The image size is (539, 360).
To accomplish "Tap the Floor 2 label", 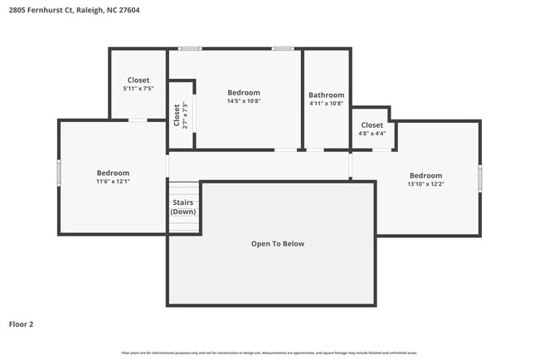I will [22, 324].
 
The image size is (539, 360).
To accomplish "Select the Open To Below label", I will [278, 244].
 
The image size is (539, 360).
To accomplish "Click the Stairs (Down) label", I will [183, 207].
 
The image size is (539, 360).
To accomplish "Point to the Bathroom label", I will [326, 95].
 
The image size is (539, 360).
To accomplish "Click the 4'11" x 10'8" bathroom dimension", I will [326, 105].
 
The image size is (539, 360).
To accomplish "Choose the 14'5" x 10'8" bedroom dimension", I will [244, 101].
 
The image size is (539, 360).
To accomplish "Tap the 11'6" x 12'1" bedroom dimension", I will [113, 181].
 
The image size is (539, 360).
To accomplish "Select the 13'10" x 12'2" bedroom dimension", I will [425, 184].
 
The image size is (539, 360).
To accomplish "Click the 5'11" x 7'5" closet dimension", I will [138, 89].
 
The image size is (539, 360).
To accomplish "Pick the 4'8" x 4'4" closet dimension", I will [371, 134].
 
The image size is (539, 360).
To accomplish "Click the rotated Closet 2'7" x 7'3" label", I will [180, 114].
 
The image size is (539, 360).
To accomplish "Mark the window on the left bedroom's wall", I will [58, 173].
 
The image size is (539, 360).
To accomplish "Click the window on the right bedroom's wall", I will [480, 178].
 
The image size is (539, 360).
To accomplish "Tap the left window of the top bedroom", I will [191, 48].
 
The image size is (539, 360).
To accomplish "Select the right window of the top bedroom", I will [283, 48].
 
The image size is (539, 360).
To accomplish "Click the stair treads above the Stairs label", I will [184, 189].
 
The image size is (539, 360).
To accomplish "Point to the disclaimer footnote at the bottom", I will [269, 353].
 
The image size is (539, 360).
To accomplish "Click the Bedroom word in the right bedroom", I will [425, 175].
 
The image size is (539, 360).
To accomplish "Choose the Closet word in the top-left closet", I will [138, 80].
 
